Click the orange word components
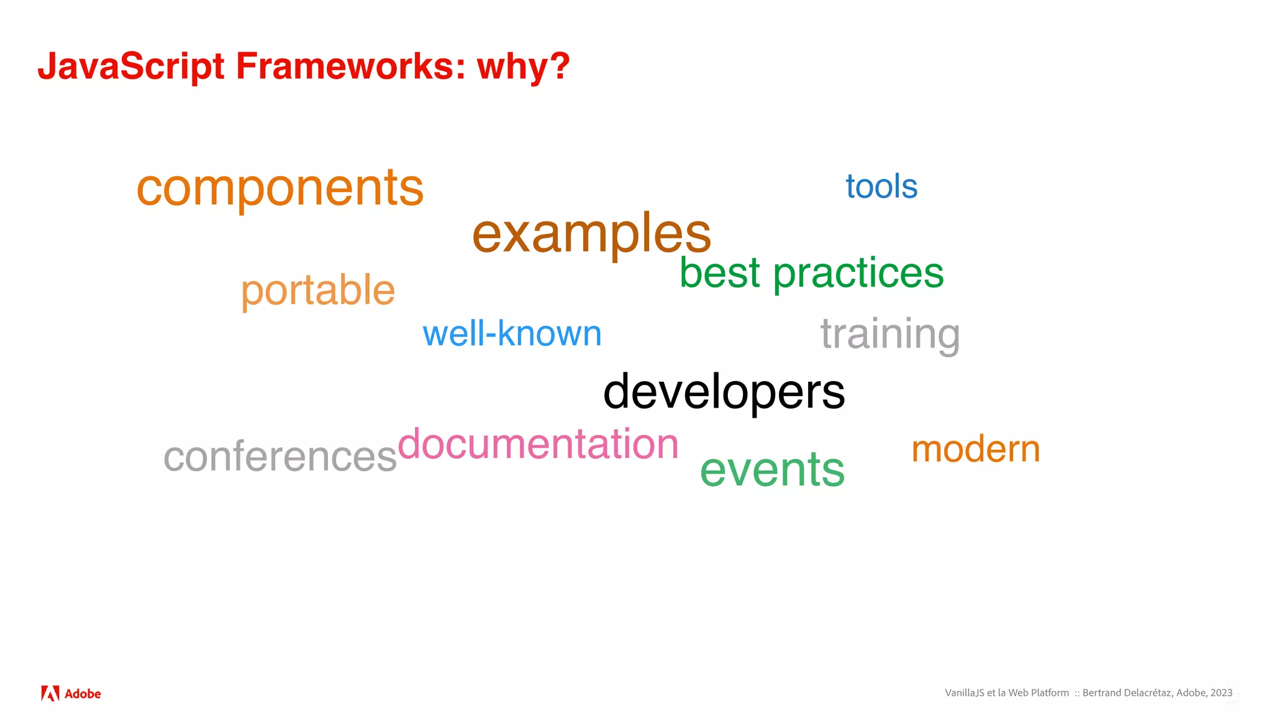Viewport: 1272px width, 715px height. (x=279, y=188)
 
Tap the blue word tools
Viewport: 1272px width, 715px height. (x=881, y=186)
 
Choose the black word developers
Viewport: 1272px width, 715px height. (x=724, y=392)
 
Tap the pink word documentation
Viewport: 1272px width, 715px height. (x=538, y=444)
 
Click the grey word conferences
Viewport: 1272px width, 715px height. (x=280, y=457)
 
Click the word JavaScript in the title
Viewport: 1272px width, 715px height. (x=131, y=66)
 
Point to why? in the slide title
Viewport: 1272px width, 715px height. (x=523, y=66)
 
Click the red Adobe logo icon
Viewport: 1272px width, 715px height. (x=50, y=693)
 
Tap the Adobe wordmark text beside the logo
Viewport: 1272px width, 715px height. (x=83, y=694)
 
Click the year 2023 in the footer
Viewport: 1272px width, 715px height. (x=1221, y=693)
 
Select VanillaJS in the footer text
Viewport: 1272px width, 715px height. (x=965, y=693)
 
